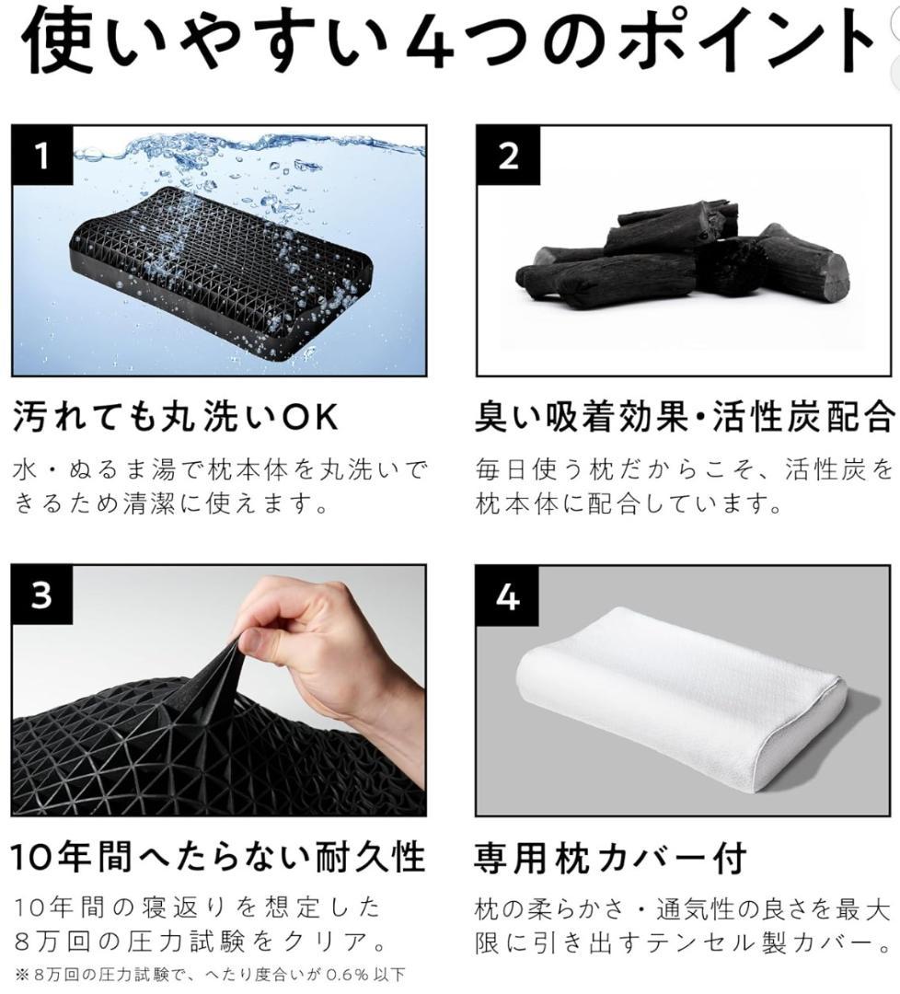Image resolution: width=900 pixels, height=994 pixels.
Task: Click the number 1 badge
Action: pos(42,156)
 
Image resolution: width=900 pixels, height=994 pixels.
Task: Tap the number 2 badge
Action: pos(508,156)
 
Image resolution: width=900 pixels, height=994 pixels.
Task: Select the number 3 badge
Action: pos(42,596)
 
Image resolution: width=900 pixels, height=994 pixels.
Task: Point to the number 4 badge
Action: pos(508,596)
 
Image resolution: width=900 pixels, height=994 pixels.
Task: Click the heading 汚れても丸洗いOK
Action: pos(175,418)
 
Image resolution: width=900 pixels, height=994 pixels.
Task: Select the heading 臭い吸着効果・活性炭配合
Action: pos(685,418)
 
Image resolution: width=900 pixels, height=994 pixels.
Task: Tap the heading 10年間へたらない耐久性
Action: pos(218,858)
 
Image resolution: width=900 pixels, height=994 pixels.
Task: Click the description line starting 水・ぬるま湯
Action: pos(221,471)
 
